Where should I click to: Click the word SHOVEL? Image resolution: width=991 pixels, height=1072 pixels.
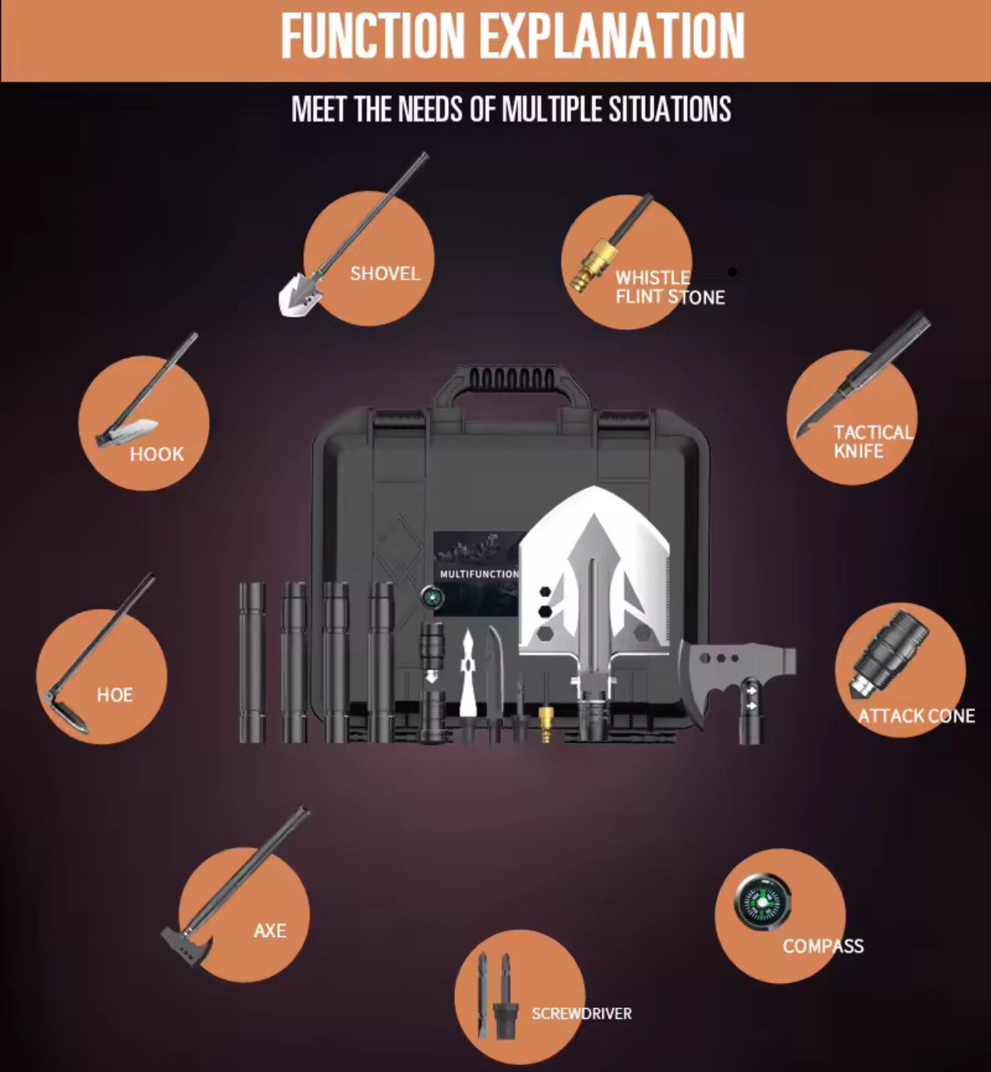click(384, 274)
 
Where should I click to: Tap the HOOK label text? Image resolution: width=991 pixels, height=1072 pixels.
click(157, 455)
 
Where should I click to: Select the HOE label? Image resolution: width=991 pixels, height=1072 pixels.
click(115, 695)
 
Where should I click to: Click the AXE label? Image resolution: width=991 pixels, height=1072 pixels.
click(270, 930)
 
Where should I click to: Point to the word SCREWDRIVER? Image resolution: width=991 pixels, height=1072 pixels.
click(581, 1013)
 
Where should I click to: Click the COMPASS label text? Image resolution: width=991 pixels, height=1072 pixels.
click(823, 946)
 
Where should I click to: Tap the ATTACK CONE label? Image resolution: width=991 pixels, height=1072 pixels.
click(917, 716)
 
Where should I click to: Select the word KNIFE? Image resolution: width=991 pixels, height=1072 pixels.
click(859, 451)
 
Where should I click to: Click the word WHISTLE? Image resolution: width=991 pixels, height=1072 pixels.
click(652, 278)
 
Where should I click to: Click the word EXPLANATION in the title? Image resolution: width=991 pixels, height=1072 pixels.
click(613, 36)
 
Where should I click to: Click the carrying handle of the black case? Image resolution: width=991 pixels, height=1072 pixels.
click(511, 389)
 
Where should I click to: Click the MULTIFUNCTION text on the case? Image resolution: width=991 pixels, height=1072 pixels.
click(479, 574)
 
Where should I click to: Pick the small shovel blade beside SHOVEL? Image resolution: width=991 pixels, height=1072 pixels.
click(300, 293)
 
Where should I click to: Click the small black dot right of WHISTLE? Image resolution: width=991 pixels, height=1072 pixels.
click(732, 272)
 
